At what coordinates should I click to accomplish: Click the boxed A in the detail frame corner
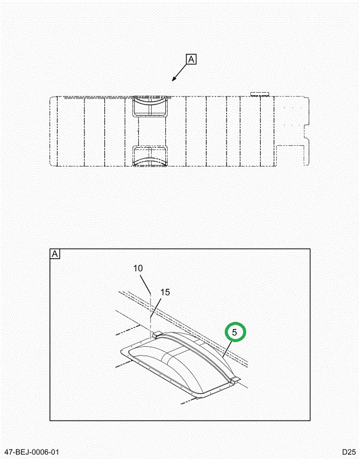(x=55, y=255)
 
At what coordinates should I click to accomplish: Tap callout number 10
(x=138, y=269)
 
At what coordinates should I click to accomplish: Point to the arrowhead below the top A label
(x=174, y=80)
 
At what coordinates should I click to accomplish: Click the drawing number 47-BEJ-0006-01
(x=30, y=453)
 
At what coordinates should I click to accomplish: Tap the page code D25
(x=348, y=453)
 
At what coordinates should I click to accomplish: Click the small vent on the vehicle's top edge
(x=259, y=93)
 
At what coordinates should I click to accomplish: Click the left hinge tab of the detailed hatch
(x=156, y=335)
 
